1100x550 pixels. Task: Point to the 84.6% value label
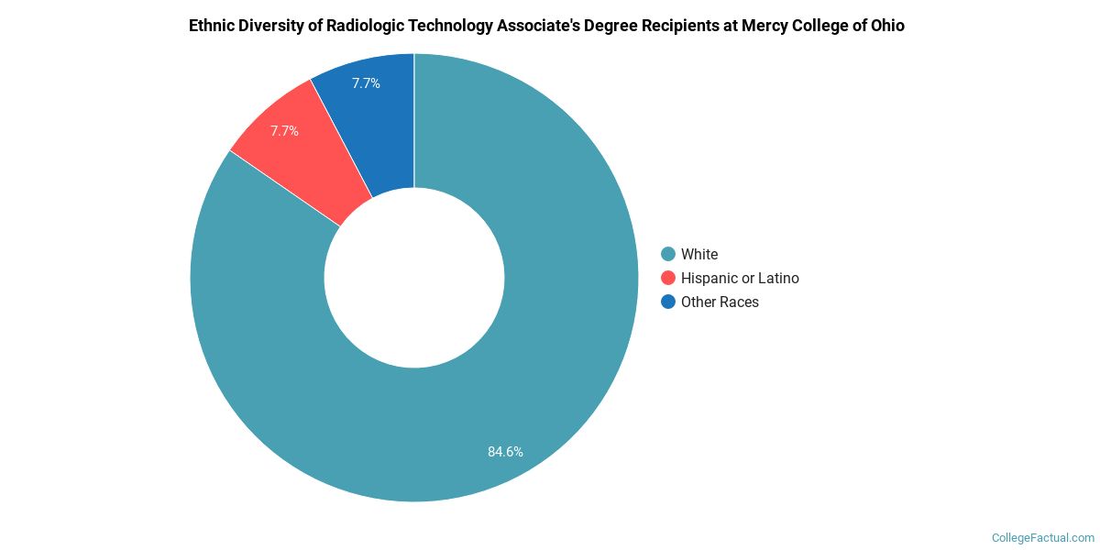[505, 451]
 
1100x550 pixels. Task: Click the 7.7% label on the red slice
[284, 131]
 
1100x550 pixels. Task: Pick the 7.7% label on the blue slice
[366, 83]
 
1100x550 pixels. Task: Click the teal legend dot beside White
[668, 254]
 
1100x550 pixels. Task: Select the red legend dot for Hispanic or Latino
[668, 278]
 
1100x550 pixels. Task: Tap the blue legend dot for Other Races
[668, 302]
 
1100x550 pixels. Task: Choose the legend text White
[699, 254]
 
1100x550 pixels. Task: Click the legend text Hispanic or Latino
[740, 278]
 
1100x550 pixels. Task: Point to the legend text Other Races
[720, 302]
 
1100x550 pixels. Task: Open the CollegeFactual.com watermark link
[1043, 538]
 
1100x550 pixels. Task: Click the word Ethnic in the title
[211, 26]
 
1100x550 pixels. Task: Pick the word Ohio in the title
[885, 26]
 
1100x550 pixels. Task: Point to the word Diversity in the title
[269, 26]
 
